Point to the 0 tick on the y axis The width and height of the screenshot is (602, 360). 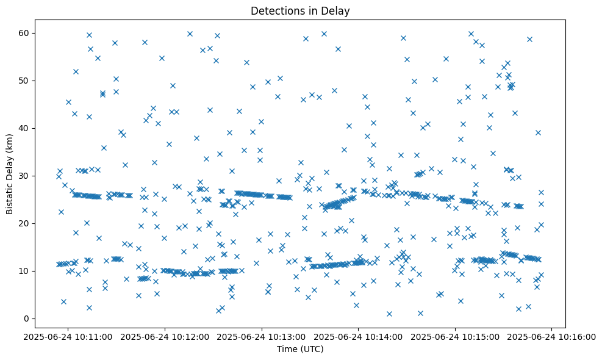(26, 319)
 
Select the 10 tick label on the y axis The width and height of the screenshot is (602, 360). (24, 271)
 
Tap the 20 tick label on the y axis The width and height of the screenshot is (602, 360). (24, 223)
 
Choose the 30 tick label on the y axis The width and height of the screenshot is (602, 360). (24, 176)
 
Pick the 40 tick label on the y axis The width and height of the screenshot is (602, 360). (24, 128)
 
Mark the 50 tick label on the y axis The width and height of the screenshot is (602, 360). (24, 81)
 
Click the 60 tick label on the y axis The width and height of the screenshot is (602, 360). (24, 33)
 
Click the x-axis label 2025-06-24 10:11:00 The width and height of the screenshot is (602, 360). (68, 336)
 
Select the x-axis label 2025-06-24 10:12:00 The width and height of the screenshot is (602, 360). (165, 336)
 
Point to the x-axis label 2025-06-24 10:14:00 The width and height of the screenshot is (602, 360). (359, 336)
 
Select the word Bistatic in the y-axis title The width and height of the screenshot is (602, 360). (10, 195)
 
